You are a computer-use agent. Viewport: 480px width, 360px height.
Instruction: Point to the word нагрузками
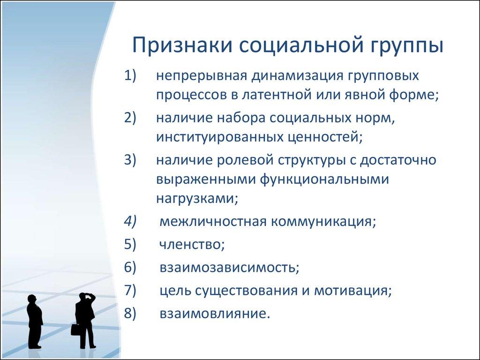(x=197, y=199)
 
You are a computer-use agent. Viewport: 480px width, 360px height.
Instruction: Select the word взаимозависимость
(x=229, y=268)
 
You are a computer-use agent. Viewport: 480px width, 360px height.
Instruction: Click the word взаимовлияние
(x=214, y=313)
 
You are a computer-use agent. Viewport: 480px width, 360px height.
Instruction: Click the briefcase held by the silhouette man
(x=75, y=330)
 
